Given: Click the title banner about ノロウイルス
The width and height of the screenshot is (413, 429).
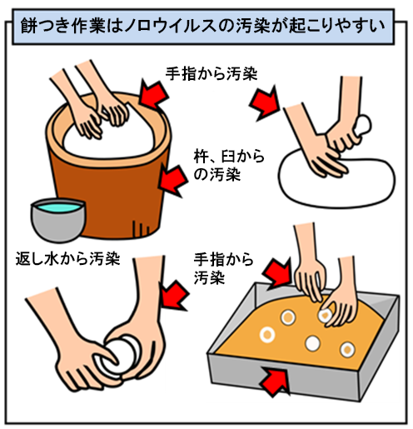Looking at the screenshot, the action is coord(203,27).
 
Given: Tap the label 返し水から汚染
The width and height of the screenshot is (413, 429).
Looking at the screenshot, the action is coord(67,258).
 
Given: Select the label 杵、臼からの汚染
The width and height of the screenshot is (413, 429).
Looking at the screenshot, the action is coord(229,166).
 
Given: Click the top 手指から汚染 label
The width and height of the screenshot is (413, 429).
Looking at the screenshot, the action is coord(211,73).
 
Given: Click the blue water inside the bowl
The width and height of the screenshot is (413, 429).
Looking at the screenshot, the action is coord(58,207).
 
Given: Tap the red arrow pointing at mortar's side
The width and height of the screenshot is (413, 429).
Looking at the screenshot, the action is coord(173,181).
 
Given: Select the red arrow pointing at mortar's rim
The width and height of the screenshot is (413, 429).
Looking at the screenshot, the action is coord(153,95).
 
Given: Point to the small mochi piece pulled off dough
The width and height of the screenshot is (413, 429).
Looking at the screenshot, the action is coord(363,126).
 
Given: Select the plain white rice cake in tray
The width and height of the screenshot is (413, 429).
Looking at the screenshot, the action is coord(313,343).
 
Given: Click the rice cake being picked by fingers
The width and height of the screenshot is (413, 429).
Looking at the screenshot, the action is coord(326,316).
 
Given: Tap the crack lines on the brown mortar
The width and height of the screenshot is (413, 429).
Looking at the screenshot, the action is coord(141,227).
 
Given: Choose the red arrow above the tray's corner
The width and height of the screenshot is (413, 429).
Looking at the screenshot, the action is coord(277,274).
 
